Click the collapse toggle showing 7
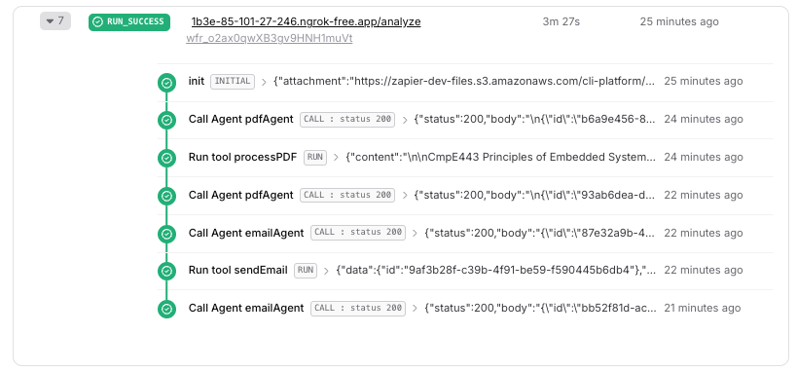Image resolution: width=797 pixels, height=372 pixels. click(54, 21)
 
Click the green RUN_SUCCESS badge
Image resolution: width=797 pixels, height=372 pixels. click(128, 21)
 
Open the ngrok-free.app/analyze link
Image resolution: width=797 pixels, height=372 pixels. click(306, 21)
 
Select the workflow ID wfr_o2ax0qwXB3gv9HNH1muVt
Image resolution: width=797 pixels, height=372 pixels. click(269, 39)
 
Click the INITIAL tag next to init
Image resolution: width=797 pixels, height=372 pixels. click(233, 82)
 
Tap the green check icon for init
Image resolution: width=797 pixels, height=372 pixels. click(167, 82)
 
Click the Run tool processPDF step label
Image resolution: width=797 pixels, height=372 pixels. click(243, 157)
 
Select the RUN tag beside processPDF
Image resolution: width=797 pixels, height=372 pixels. click(315, 157)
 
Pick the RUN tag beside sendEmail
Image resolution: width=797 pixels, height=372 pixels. click(306, 270)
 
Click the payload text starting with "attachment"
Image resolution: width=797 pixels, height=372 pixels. click(463, 82)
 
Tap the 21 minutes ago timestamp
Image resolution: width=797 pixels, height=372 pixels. click(702, 308)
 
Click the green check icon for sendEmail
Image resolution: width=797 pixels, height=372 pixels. click(167, 270)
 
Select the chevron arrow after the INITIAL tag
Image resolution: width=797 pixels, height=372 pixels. click(264, 82)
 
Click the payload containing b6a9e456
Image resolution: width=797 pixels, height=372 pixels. click(533, 119)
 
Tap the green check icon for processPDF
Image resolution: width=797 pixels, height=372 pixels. click(167, 157)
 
